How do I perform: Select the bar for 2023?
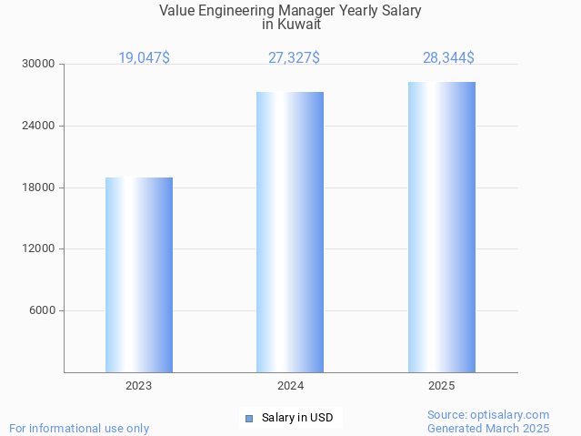click(139, 275)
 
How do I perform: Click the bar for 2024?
click(290, 232)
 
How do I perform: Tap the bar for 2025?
click(442, 228)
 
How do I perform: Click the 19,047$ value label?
click(144, 58)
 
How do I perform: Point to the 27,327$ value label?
click(294, 58)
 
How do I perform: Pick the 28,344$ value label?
click(448, 58)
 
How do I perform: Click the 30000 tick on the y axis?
click(39, 65)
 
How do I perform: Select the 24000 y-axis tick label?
click(39, 126)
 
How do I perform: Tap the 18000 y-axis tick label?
click(39, 188)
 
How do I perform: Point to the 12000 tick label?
click(39, 249)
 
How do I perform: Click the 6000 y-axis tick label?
click(42, 311)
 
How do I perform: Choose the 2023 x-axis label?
click(139, 387)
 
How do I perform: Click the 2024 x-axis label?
click(290, 387)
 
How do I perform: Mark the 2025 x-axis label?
click(442, 387)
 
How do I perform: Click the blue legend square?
click(248, 419)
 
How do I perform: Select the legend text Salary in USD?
click(297, 419)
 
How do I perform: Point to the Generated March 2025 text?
click(488, 428)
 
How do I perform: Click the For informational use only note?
click(79, 428)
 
